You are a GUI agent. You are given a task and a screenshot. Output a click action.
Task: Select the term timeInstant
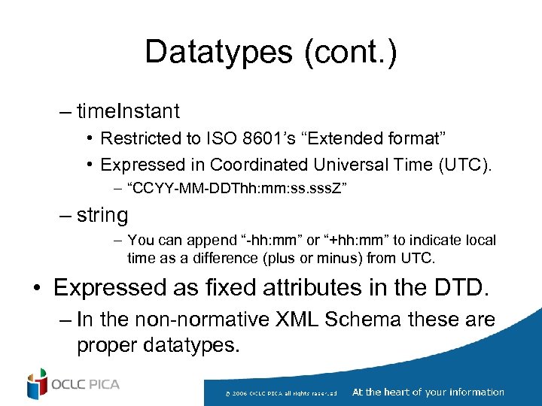(x=128, y=111)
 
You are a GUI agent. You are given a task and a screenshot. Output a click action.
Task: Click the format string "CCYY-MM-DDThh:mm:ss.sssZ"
(x=238, y=188)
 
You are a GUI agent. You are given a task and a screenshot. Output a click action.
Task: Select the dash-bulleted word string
(x=102, y=215)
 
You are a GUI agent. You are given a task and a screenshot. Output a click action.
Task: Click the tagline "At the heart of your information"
(x=428, y=392)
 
